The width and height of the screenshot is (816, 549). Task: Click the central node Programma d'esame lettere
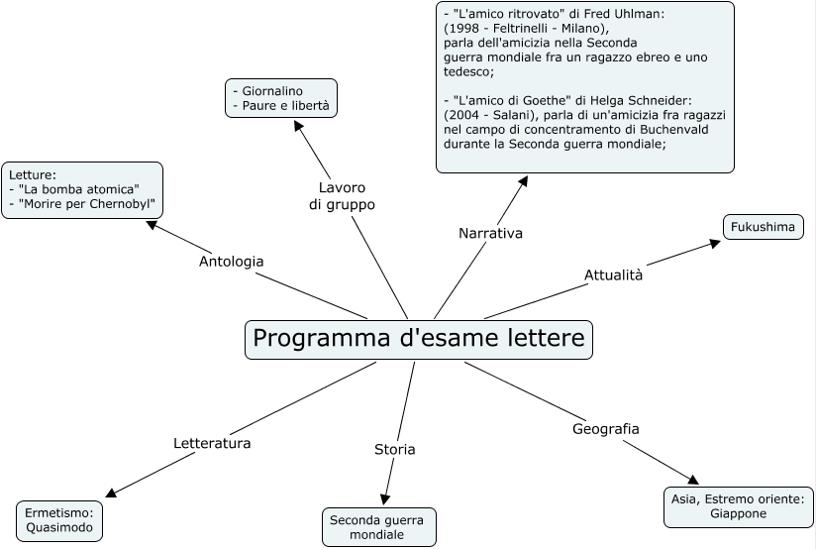418,339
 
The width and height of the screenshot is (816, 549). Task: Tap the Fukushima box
763,228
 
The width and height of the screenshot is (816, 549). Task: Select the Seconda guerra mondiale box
377,527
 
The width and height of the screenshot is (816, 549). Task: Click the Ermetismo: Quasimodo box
59,521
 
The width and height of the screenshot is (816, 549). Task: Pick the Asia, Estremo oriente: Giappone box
738,507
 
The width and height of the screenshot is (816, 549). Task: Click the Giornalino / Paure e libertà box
280,98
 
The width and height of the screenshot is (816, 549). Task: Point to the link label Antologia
231,262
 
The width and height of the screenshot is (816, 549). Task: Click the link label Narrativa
490,234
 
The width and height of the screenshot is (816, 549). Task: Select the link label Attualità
613,275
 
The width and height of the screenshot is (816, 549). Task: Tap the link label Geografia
605,429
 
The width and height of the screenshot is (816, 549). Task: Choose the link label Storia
394,450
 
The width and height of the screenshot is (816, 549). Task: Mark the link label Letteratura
212,443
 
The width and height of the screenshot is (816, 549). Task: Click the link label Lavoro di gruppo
342,196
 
